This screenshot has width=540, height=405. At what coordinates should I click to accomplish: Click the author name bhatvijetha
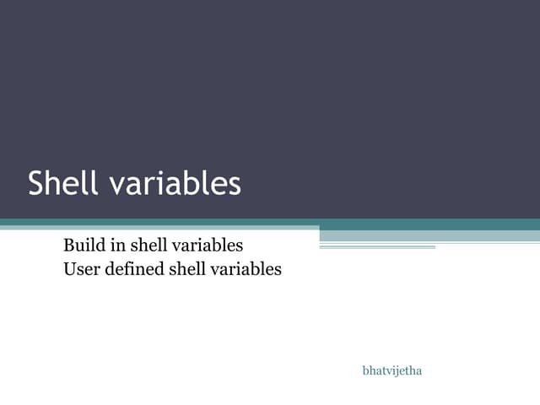[x=391, y=370]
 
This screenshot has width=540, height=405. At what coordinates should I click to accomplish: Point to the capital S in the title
[x=36, y=184]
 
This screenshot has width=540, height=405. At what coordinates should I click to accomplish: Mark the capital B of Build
[x=68, y=246]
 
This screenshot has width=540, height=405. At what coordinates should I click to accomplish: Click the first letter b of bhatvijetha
[x=365, y=370]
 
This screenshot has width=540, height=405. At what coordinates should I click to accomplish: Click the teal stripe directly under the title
[x=270, y=224]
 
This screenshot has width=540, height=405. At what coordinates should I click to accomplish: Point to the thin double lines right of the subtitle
[x=377, y=247]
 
